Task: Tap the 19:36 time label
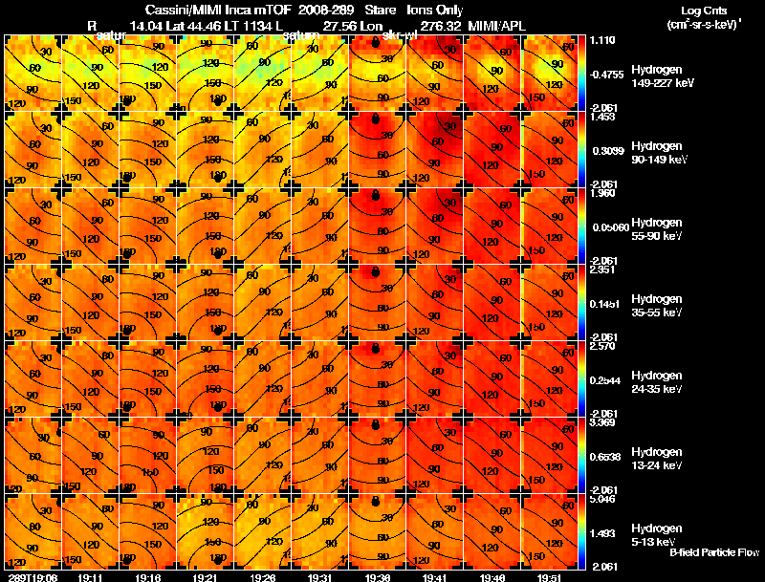point(377,577)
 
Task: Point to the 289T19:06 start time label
point(33,577)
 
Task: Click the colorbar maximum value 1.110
point(602,41)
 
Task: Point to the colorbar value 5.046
point(602,499)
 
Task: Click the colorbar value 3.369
point(602,422)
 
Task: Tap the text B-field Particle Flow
point(713,552)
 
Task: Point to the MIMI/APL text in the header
point(497,27)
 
